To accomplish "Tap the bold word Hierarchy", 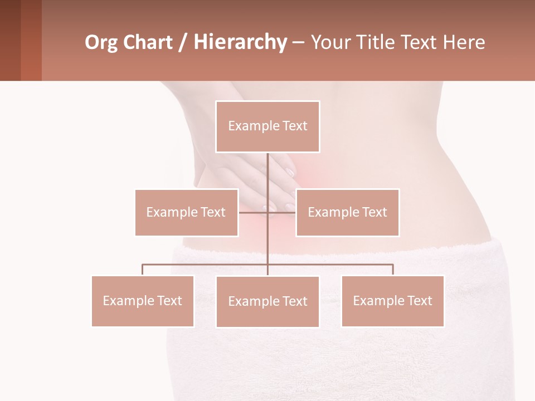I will point(240,42).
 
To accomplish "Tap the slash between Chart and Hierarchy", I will point(183,43).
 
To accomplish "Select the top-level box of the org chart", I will point(267,126).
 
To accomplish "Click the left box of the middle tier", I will point(186,212).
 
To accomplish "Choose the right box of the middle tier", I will point(347,212).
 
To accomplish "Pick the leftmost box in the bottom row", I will point(143,301).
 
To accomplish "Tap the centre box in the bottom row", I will point(267,301).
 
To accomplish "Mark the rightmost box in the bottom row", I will point(392,301).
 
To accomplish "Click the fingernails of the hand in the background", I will point(290,173).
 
